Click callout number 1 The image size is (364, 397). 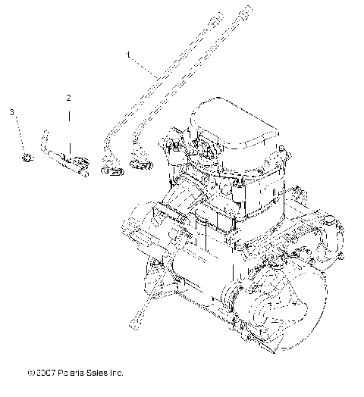[x=128, y=55]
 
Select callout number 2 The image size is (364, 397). [x=68, y=98]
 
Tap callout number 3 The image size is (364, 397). [x=11, y=112]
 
